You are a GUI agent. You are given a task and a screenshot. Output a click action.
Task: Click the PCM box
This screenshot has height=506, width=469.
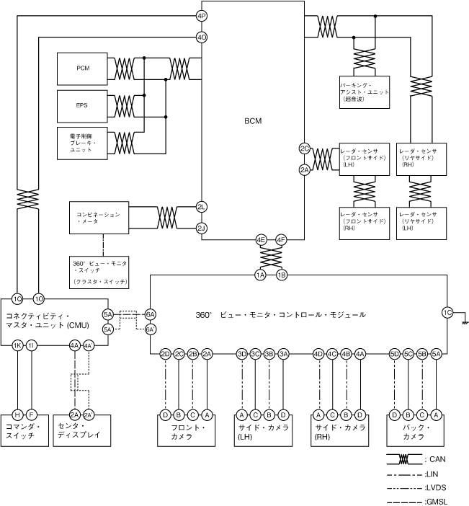coord(83,68)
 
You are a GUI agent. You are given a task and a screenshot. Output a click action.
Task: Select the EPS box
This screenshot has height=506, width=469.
coord(83,105)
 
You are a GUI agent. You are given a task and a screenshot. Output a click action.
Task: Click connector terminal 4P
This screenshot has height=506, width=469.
coord(202,15)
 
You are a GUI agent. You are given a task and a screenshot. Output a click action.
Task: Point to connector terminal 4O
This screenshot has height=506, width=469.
coord(202,37)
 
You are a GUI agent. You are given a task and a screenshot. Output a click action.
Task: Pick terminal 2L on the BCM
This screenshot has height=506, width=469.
coord(202,207)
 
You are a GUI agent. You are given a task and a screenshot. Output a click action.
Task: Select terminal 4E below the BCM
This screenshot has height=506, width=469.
coord(261,240)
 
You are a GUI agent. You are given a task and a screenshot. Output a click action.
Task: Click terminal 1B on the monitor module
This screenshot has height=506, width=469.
coord(282,275)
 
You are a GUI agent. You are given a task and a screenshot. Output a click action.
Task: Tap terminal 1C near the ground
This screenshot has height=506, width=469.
coord(447,313)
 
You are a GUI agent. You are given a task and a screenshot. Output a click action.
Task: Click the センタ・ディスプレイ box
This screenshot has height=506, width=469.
coord(81,431)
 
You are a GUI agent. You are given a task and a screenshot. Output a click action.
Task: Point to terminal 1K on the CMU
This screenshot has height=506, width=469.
coord(18,346)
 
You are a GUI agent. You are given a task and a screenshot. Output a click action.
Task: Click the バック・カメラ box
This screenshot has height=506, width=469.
coord(414,431)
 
